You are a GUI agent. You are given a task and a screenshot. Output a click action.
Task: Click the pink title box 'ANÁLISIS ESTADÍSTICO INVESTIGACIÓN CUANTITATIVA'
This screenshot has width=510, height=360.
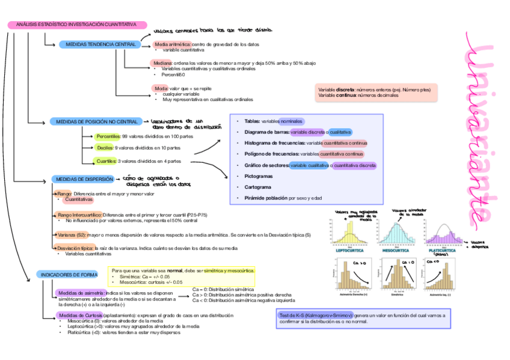(77, 25)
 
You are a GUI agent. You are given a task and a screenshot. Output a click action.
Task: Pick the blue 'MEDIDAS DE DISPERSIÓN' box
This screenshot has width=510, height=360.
(84, 179)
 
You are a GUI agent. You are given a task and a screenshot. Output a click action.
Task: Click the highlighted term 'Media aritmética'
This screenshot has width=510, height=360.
(173, 44)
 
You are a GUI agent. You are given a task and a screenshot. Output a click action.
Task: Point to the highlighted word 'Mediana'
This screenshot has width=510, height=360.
(162, 63)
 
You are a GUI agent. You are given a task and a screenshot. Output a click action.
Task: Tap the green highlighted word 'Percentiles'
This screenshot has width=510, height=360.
(108, 136)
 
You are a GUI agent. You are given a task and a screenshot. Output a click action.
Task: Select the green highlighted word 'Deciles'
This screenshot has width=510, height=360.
(105, 147)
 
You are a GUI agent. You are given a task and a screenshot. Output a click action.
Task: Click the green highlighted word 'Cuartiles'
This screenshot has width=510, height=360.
(106, 161)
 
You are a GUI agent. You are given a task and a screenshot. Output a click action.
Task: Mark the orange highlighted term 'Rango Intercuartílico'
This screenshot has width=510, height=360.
(79, 215)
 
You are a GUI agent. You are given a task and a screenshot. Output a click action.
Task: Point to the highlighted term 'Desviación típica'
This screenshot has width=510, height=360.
(74, 248)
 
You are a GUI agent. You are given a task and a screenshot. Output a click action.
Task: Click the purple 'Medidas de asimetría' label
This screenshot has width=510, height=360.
(81, 293)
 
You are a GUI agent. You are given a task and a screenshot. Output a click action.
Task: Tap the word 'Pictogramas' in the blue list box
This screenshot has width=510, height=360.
(259, 176)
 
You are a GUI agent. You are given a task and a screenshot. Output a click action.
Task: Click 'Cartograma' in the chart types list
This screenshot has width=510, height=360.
(257, 188)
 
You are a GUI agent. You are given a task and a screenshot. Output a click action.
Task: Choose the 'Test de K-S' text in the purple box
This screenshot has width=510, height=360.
(293, 315)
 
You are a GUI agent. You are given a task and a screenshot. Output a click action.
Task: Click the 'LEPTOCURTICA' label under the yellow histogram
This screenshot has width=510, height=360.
(351, 251)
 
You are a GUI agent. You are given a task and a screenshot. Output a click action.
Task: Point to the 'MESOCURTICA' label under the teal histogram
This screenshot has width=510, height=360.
(396, 251)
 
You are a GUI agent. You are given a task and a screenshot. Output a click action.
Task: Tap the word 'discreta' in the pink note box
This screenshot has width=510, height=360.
(345, 90)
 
